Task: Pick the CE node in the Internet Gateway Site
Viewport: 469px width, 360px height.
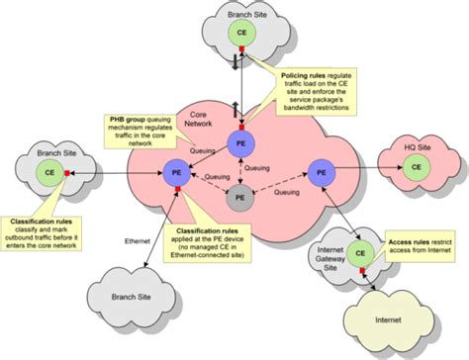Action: (x=361, y=255)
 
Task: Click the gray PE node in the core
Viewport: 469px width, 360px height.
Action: (x=235, y=198)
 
